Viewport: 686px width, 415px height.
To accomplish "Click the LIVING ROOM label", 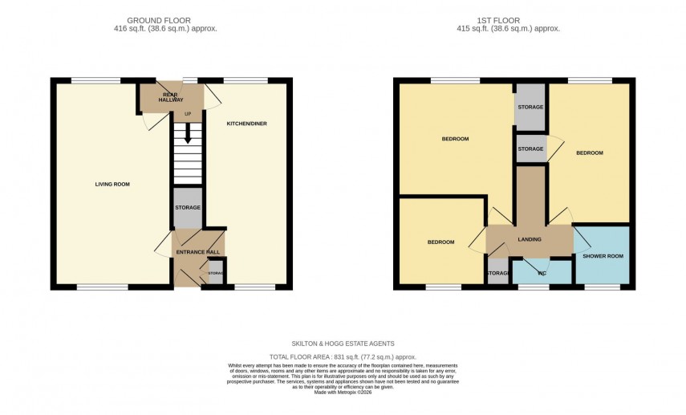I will pyautogui.click(x=112, y=184).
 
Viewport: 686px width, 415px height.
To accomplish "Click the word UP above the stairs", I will pyautogui.click(x=188, y=114).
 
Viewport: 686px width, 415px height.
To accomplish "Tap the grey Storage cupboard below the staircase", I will pyautogui.click(x=188, y=208).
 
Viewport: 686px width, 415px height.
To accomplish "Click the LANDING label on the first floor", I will pyautogui.click(x=529, y=239).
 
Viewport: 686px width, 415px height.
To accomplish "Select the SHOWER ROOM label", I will pyautogui.click(x=603, y=256).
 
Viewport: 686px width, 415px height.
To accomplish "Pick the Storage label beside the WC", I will pyautogui.click(x=497, y=274).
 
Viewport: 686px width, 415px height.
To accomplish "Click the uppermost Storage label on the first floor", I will pyautogui.click(x=530, y=107).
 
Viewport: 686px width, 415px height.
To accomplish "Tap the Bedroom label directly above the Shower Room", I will pyautogui.click(x=589, y=153).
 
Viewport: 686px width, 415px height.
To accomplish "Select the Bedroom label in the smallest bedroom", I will pyautogui.click(x=440, y=242).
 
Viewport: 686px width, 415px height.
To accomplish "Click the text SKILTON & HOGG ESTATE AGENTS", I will pyautogui.click(x=343, y=344).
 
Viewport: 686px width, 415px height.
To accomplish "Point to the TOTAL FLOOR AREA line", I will pyautogui.click(x=343, y=357).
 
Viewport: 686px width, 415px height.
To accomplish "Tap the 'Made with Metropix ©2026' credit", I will pyautogui.click(x=343, y=392).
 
